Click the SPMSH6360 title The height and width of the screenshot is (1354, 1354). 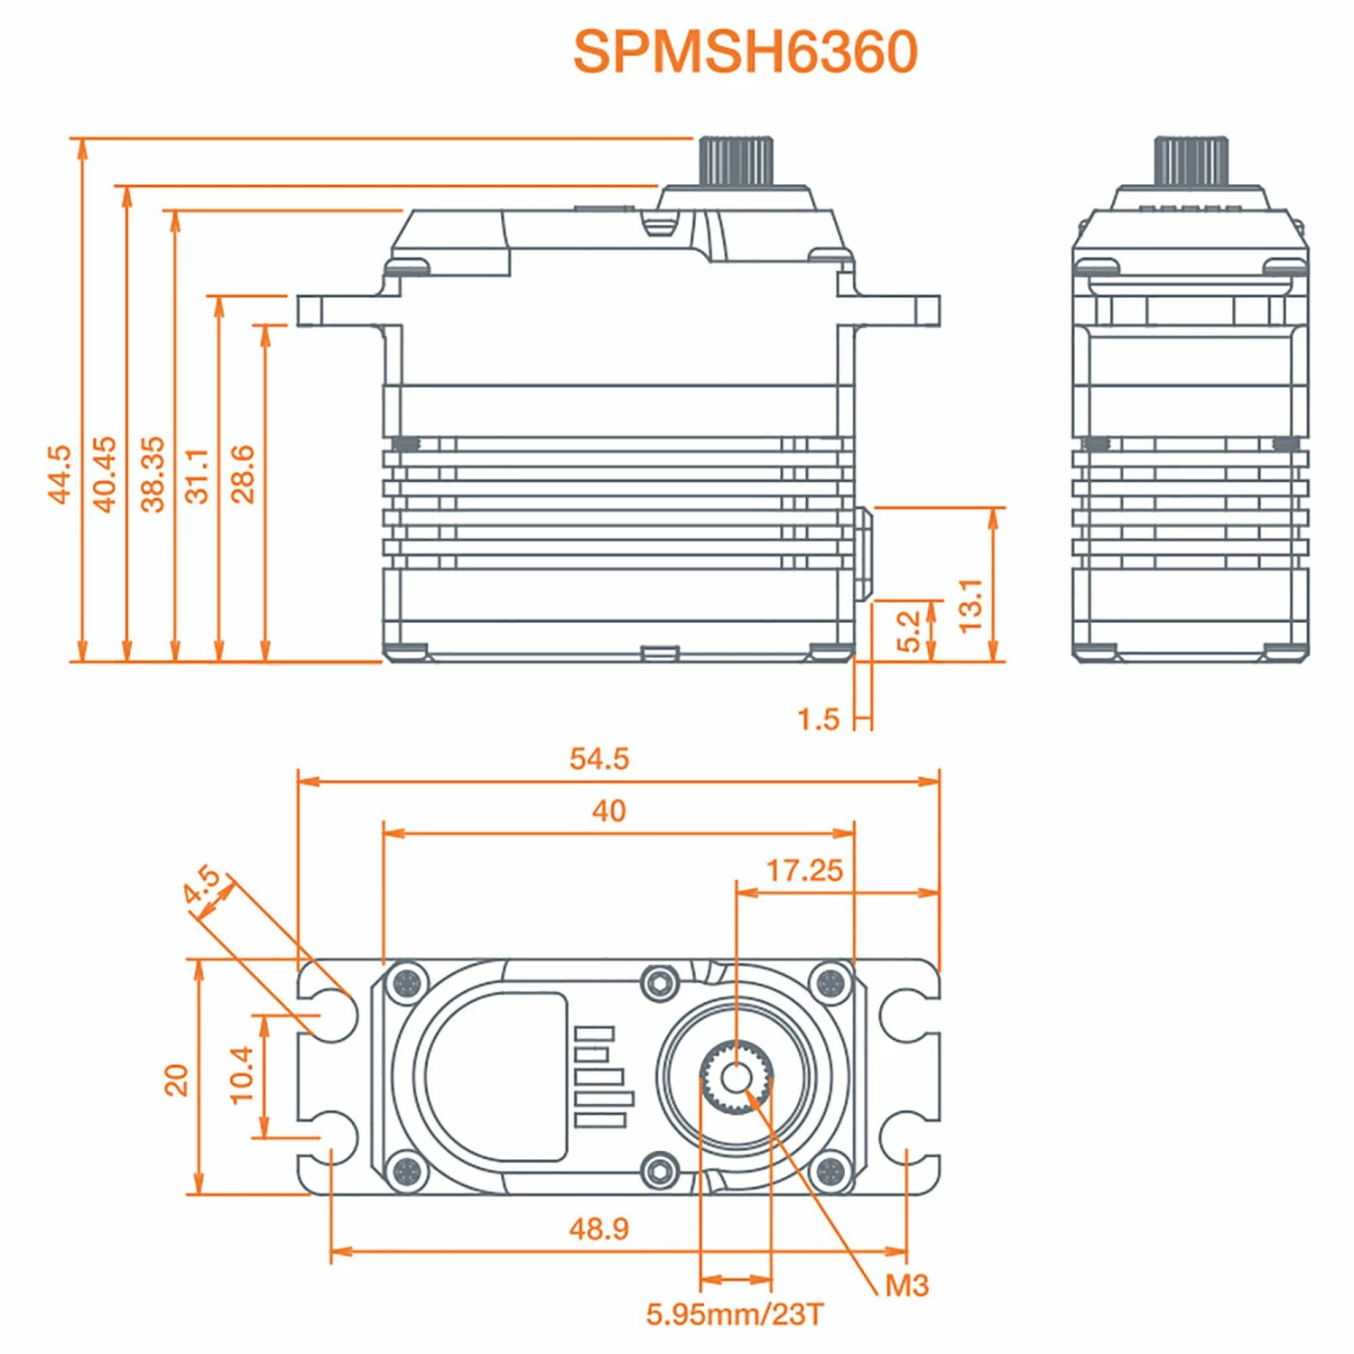click(x=745, y=51)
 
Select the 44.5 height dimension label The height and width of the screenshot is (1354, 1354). click(x=60, y=474)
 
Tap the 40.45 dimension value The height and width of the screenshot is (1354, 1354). click(x=106, y=474)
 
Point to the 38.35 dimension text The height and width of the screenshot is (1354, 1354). click(x=153, y=474)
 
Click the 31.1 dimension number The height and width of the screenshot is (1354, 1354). click(x=197, y=476)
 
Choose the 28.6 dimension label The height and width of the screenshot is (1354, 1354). click(x=243, y=474)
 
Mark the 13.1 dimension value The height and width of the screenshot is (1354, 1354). click(x=969, y=606)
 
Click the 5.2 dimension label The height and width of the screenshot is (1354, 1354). click(x=909, y=631)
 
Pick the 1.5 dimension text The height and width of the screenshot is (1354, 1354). click(x=818, y=719)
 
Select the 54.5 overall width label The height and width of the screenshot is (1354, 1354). click(x=599, y=758)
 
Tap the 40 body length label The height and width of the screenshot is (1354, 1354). click(x=608, y=811)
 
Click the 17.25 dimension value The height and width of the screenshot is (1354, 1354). click(x=804, y=870)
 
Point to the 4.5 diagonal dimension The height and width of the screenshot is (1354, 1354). click(x=201, y=884)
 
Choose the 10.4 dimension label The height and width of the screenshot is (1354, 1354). click(x=242, y=1075)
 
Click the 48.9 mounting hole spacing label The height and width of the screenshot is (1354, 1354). click(x=599, y=1228)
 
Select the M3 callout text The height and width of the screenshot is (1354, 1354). click(x=906, y=1285)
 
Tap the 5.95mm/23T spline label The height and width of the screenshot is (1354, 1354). click(x=735, y=1314)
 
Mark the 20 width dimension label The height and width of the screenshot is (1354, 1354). click(x=175, y=1080)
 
